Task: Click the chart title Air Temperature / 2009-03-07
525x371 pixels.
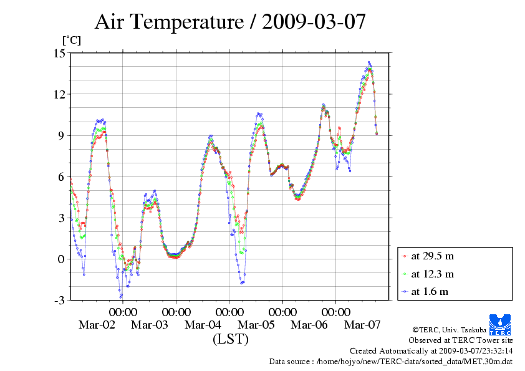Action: click(x=229, y=22)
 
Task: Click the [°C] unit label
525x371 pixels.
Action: click(x=71, y=41)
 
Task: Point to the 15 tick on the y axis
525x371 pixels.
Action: click(x=59, y=53)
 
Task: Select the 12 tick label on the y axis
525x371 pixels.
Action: click(x=59, y=94)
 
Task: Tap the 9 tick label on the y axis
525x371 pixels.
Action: click(x=61, y=135)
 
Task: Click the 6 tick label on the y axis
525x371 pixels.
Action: click(x=61, y=176)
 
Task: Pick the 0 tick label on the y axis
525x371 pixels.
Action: click(x=61, y=259)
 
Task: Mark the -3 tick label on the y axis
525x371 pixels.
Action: click(x=59, y=301)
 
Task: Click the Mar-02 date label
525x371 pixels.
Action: click(x=97, y=325)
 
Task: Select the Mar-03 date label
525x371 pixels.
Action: click(x=150, y=325)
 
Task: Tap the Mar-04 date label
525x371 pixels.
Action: click(x=203, y=325)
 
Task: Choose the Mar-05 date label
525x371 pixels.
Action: click(x=256, y=325)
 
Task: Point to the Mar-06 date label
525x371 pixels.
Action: click(x=309, y=325)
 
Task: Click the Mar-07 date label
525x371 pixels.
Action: click(x=362, y=325)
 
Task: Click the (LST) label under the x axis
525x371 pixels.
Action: click(x=230, y=340)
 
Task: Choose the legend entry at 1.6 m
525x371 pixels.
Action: click(x=430, y=291)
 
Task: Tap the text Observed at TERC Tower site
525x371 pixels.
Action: click(x=461, y=340)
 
